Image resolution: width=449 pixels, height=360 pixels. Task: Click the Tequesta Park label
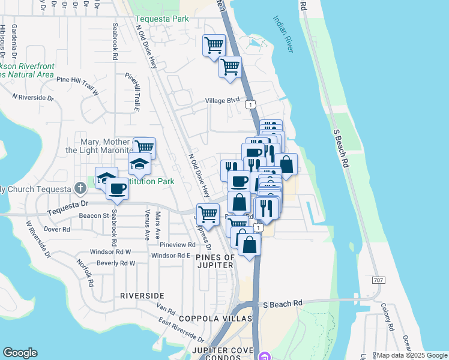pos(162,19)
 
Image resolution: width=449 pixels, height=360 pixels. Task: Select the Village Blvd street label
pos(222,100)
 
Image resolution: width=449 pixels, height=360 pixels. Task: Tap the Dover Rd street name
pos(57,229)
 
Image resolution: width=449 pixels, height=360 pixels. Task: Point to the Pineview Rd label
pos(178,245)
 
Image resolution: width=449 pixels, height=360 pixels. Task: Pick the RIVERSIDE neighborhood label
pos(142,296)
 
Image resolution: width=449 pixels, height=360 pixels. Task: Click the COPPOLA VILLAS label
pos(220,318)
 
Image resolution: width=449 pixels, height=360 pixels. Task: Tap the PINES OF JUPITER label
pos(215,261)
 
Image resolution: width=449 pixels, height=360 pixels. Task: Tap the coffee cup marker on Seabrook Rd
pos(117,189)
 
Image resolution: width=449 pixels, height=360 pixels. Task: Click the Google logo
pos(20,353)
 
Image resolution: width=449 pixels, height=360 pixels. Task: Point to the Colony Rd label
pos(386,318)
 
